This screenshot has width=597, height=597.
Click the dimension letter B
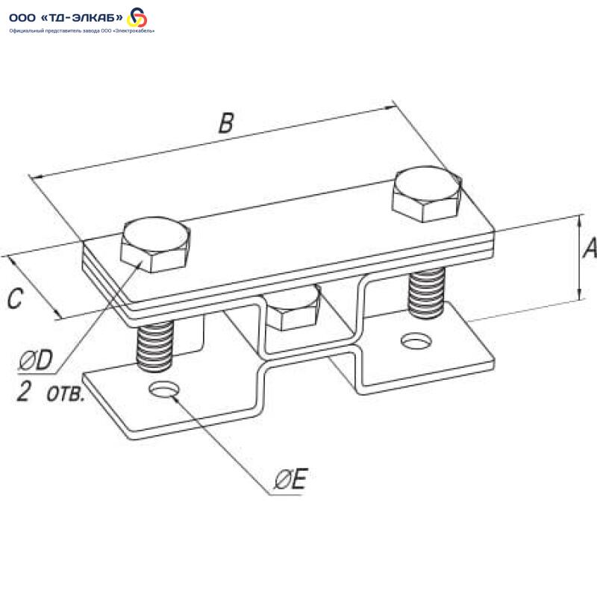click(x=226, y=123)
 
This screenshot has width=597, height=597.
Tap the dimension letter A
click(x=590, y=249)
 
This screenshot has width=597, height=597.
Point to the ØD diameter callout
click(x=35, y=360)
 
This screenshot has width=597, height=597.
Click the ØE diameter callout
click(x=290, y=479)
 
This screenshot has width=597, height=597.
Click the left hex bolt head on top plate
click(x=155, y=245)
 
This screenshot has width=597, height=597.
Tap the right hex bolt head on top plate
click(x=427, y=194)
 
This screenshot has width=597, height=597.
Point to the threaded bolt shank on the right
click(x=426, y=291)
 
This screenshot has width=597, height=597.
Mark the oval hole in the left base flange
click(x=164, y=390)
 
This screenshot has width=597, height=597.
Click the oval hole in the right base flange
click(x=417, y=340)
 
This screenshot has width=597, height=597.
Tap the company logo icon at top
click(x=137, y=17)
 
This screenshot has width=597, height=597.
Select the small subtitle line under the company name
click(x=82, y=31)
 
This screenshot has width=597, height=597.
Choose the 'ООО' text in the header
click(x=22, y=18)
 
